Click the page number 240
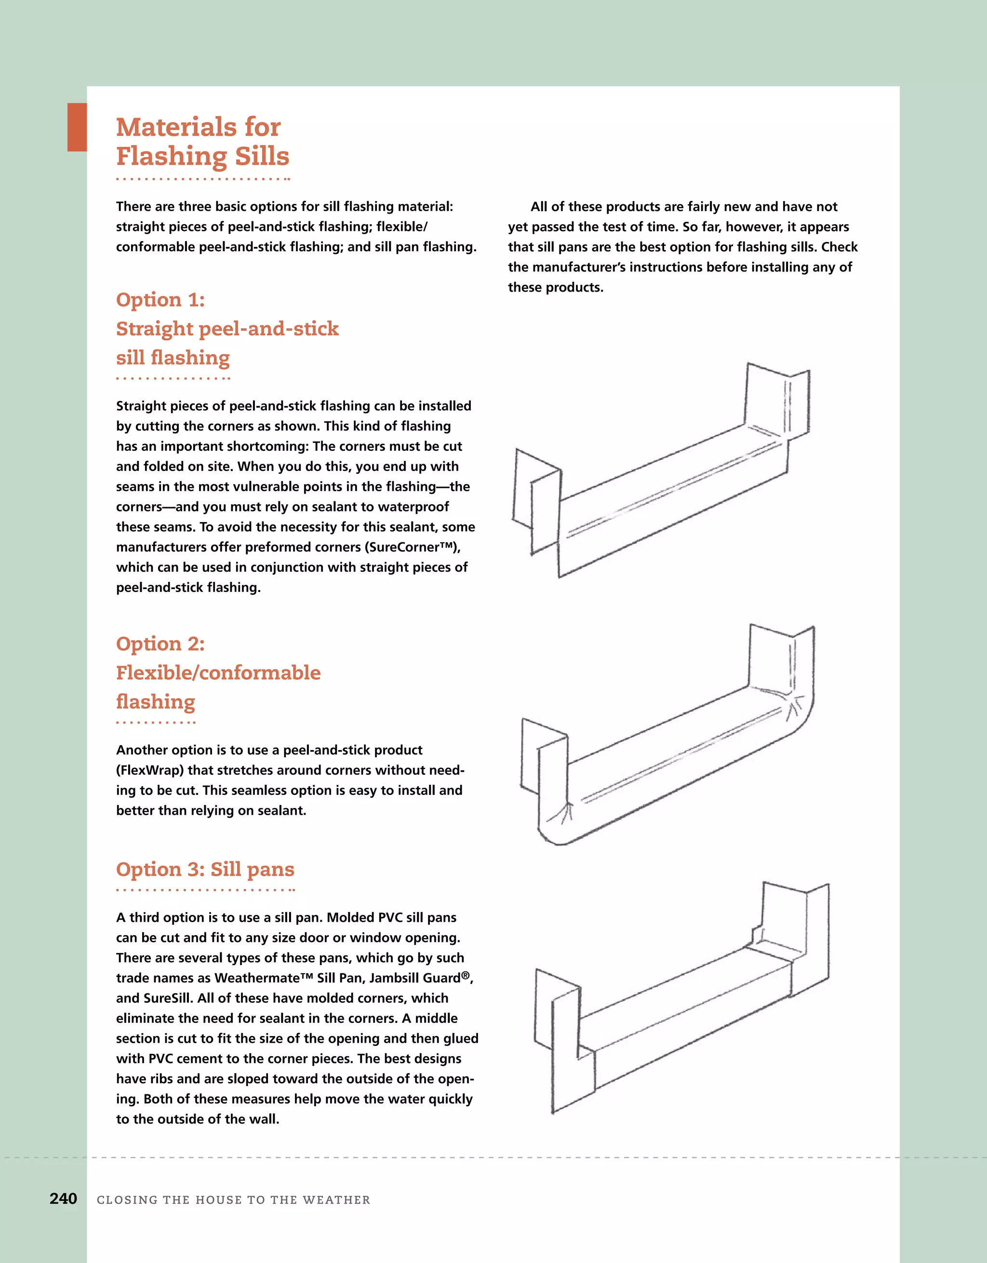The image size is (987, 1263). (63, 1198)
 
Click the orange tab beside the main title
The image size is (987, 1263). (77, 127)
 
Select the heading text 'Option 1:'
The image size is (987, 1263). (160, 299)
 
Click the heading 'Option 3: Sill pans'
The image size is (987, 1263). (205, 869)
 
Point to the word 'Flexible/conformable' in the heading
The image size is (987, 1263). (218, 672)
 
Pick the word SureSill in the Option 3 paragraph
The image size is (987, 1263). (167, 998)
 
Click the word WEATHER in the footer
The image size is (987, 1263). (336, 1200)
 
